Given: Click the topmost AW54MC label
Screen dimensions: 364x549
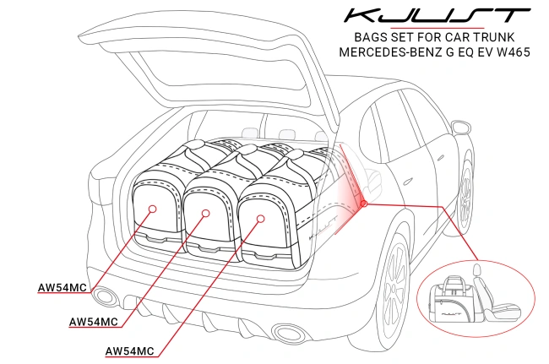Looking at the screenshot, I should pyautogui.click(x=62, y=289).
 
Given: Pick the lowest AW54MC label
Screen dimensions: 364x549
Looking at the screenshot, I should pyautogui.click(x=129, y=350).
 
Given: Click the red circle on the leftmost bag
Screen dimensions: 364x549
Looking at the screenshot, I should pyautogui.click(x=151, y=208).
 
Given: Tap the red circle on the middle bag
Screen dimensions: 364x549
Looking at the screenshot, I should pyautogui.click(x=204, y=214).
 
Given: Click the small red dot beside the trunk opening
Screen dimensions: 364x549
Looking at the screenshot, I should pyautogui.click(x=363, y=203).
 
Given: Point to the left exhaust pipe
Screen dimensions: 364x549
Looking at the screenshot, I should pyautogui.click(x=106, y=296).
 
